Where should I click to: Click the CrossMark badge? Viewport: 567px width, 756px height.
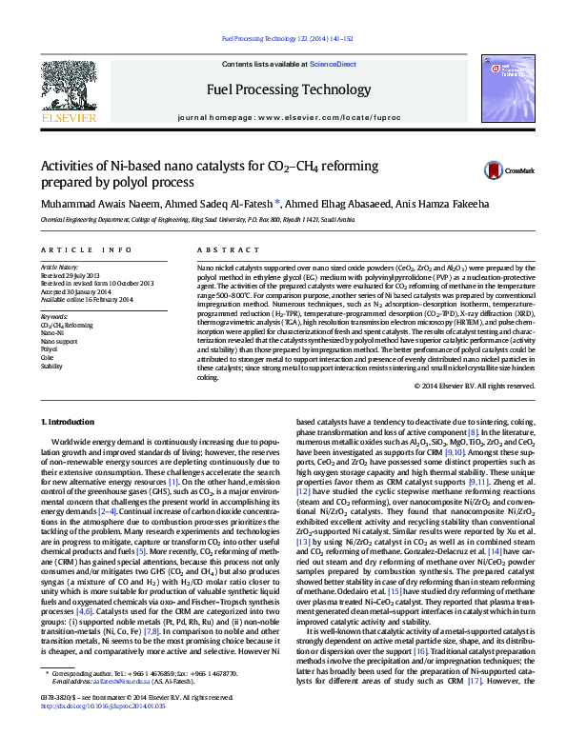click(503, 169)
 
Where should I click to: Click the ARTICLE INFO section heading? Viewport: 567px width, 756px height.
click(86, 249)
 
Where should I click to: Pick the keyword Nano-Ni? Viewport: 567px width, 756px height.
click(52, 333)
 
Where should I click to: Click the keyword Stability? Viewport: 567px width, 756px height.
click(52, 365)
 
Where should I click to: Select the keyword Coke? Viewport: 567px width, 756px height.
click(49, 357)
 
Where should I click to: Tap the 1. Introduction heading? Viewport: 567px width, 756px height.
click(71, 421)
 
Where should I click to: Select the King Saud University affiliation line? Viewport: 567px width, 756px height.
click(197, 219)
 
